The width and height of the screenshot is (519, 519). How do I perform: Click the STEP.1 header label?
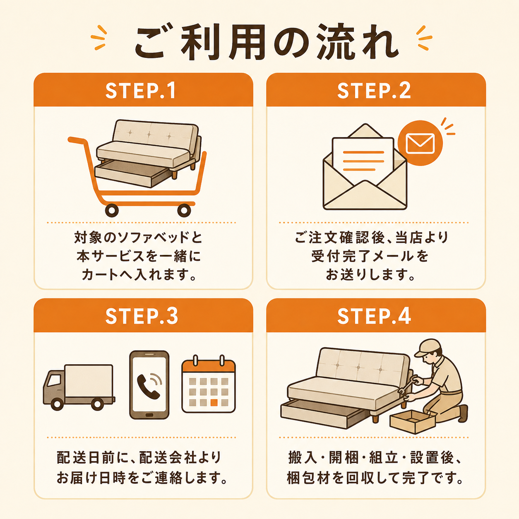[141, 91]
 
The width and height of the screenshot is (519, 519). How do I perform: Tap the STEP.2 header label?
[374, 91]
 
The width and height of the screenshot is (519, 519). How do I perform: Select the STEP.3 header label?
[142, 316]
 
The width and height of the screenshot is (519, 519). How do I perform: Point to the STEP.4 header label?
[374, 316]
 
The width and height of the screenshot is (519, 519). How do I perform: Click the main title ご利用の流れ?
[267, 43]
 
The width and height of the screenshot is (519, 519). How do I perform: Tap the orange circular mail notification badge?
[420, 143]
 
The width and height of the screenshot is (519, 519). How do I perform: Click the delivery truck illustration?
[79, 387]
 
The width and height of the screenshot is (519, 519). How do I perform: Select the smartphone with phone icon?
[149, 384]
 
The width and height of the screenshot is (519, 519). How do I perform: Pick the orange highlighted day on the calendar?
[214, 402]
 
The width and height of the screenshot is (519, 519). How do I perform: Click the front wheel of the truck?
[57, 404]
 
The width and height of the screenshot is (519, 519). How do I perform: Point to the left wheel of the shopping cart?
[111, 210]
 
